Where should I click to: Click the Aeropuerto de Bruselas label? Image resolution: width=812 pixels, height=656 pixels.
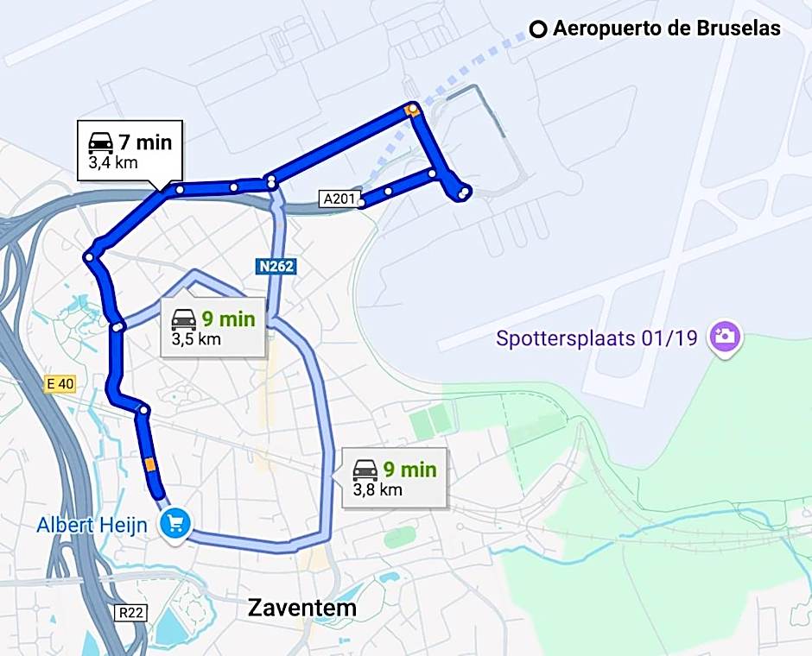[666, 28]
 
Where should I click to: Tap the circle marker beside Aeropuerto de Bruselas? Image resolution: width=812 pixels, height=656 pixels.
[538, 29]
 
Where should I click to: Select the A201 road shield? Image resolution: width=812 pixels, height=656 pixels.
[338, 199]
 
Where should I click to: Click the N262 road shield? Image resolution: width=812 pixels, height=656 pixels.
[276, 267]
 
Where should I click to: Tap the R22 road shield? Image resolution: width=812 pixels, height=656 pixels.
[130, 612]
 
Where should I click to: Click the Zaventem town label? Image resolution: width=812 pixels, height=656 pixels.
[301, 607]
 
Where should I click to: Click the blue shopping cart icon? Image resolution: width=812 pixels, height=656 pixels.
[176, 523]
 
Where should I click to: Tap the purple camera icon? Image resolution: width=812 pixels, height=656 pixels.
[726, 337]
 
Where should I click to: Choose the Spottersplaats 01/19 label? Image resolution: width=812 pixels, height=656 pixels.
[596, 337]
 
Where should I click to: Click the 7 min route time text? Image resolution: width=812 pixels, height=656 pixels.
[146, 142]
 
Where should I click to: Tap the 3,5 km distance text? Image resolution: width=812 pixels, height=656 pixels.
[196, 338]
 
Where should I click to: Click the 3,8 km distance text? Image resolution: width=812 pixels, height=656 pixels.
[377, 489]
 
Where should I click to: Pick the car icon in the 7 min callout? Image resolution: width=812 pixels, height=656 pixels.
[101, 142]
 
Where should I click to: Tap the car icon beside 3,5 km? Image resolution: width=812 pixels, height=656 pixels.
[183, 319]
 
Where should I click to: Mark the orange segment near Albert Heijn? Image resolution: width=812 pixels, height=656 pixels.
[151, 465]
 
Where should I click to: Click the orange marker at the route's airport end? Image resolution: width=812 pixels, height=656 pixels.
[413, 110]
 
